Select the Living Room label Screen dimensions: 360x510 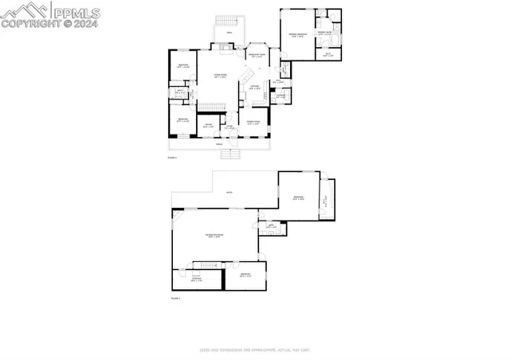coord(221,76)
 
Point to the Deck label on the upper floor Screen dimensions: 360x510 coord(229,32)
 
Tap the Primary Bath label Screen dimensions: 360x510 coord(327,33)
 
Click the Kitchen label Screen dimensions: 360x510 coord(254,88)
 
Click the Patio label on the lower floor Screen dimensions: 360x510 coord(228,193)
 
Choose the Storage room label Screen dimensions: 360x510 coord(197,280)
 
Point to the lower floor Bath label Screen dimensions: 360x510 coord(271,227)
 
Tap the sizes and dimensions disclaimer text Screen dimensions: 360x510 coord(254,350)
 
